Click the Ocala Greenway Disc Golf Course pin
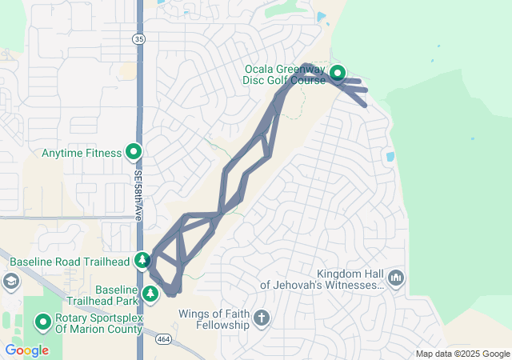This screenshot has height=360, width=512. click(338, 73)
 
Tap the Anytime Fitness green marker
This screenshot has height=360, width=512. click(133, 152)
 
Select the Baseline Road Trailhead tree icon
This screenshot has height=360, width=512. click(142, 260)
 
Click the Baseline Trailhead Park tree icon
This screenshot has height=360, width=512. click(150, 294)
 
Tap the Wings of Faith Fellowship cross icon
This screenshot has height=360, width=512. click(260, 319)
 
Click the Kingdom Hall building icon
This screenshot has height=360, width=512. click(396, 278)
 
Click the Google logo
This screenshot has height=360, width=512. click(26, 350)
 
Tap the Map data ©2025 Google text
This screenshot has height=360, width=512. click(462, 354)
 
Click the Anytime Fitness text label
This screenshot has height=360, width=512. click(80, 152)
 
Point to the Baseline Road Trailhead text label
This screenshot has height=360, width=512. click(70, 261)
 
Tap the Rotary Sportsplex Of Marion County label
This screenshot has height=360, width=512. click(99, 323)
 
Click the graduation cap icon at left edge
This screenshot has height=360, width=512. click(10, 281)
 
